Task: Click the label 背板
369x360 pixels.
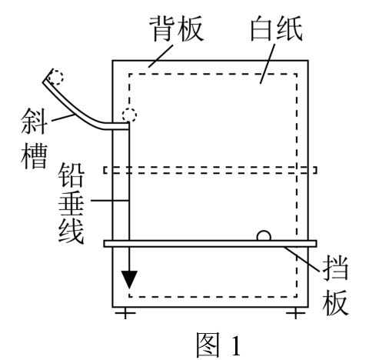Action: click(x=177, y=28)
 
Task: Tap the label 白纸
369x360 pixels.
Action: click(x=276, y=28)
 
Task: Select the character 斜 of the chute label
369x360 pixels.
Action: click(x=34, y=121)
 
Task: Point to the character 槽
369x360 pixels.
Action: click(x=34, y=155)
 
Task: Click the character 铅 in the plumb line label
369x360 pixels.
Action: click(x=71, y=175)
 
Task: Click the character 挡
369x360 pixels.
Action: click(x=335, y=268)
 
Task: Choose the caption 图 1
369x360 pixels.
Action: click(x=218, y=345)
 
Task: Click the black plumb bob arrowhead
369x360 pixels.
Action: click(x=129, y=279)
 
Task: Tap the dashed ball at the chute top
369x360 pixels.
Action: click(x=56, y=78)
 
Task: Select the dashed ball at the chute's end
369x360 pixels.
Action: click(x=129, y=115)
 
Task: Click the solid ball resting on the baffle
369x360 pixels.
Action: click(x=264, y=236)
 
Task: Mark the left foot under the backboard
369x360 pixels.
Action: click(x=125, y=313)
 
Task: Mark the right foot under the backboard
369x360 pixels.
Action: click(x=295, y=313)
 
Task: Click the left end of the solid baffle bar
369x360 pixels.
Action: click(x=104, y=244)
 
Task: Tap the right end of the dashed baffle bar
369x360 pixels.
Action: click(x=317, y=170)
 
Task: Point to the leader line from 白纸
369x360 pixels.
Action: click(x=268, y=64)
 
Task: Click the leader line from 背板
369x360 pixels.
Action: click(x=161, y=56)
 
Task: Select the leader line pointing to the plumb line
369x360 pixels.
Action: click(x=109, y=200)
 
